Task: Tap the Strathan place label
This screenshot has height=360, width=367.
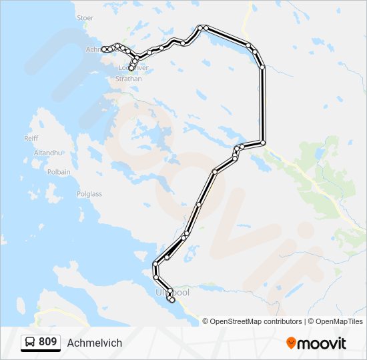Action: (129, 79)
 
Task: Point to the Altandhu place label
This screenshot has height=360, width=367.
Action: (47, 153)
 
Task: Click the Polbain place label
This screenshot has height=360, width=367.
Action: (59, 171)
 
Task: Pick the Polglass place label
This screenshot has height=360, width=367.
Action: (89, 194)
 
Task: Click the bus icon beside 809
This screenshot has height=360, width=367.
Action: (30, 343)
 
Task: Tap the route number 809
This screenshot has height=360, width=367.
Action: (47, 342)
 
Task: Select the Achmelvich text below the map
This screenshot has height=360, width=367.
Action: (95, 343)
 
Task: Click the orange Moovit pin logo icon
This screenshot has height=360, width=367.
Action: (292, 343)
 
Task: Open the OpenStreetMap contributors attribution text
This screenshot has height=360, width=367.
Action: (256, 321)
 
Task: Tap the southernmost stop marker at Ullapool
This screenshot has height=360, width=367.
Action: (172, 300)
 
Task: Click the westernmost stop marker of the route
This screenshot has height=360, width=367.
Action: (104, 49)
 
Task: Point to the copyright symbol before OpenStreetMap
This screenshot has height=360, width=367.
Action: (206, 321)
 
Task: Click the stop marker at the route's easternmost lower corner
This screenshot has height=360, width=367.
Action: (263, 143)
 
